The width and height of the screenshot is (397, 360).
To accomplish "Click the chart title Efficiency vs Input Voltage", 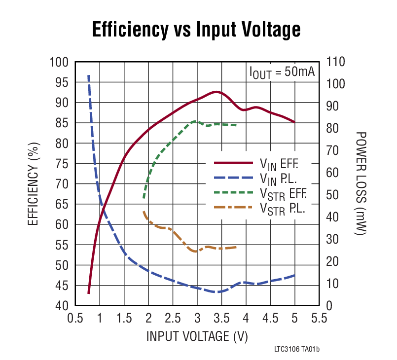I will pyautogui.click(x=196, y=30).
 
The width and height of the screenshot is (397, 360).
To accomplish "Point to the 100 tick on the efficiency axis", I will pyautogui.click(x=59, y=62).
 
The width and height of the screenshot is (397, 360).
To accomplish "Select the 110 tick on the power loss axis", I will pyautogui.click(x=335, y=62).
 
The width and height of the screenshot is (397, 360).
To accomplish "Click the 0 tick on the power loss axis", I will pyautogui.click(x=329, y=306).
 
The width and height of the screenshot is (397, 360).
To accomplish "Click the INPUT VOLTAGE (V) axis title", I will pyautogui.click(x=197, y=337).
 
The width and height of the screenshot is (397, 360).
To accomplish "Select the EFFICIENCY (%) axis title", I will pyautogui.click(x=33, y=183).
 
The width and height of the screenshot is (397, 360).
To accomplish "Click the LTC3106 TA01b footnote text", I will pyautogui.click(x=297, y=350).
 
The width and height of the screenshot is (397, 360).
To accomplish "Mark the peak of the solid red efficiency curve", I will pyautogui.click(x=216, y=92).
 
